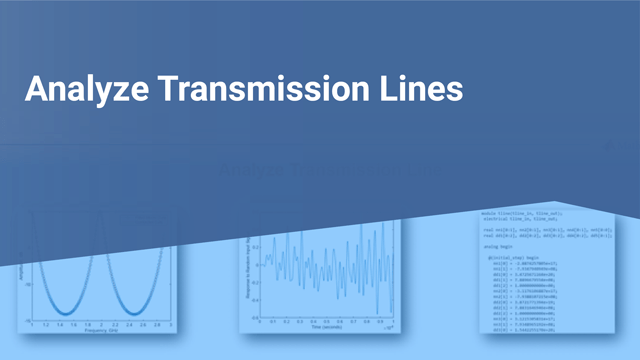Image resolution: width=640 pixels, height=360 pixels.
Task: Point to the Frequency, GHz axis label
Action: click(x=101, y=332)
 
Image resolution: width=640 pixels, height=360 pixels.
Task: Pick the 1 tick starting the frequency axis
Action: click(x=32, y=325)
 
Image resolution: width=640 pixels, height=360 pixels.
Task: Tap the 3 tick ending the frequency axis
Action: click(x=171, y=325)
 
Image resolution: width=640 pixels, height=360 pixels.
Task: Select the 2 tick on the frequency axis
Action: click(x=101, y=325)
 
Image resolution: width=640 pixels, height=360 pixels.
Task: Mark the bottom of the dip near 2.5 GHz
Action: click(x=137, y=313)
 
